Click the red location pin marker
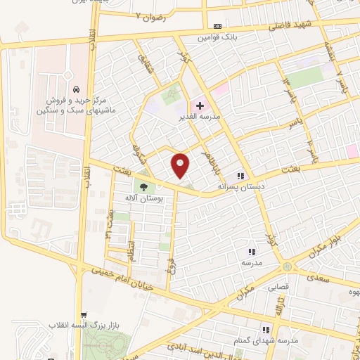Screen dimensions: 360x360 [x=181, y=165]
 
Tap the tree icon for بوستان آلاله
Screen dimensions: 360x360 [x=144, y=187]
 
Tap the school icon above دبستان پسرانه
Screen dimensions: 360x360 [x=240, y=176]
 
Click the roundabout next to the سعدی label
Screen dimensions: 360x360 [x=288, y=266]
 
